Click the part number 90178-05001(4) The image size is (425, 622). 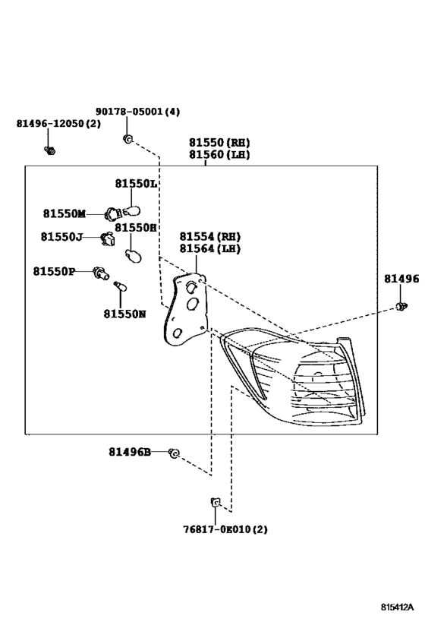(137, 112)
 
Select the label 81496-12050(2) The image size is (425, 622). (58, 123)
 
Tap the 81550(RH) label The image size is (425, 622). (219, 142)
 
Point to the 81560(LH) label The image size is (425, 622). (219, 154)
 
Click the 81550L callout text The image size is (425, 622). (136, 183)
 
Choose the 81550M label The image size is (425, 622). (65, 213)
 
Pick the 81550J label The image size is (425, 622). (61, 237)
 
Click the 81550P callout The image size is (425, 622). (54, 271)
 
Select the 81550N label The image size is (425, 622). (124, 314)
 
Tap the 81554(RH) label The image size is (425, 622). (209, 236)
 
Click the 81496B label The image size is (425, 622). (130, 452)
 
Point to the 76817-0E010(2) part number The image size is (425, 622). (225, 529)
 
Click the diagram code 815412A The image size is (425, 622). (397, 607)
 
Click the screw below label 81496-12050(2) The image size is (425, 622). (49, 150)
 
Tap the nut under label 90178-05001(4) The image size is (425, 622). (127, 139)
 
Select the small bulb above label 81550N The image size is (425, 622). (120, 286)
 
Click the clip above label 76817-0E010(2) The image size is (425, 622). (215, 502)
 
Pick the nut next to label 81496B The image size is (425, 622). (174, 453)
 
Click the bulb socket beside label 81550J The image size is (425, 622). (108, 238)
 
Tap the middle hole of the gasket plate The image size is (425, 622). (192, 304)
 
